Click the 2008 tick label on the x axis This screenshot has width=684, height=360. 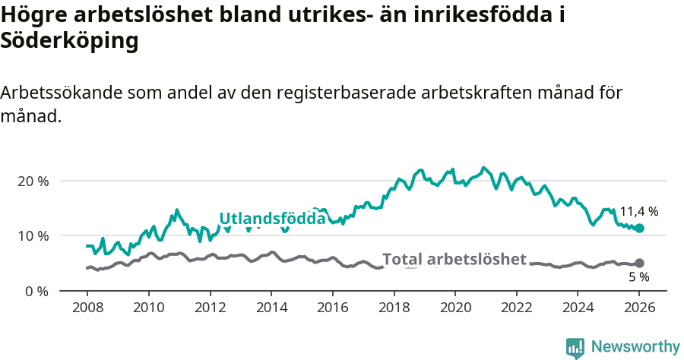click(x=87, y=310)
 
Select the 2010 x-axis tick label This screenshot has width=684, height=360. click(x=148, y=310)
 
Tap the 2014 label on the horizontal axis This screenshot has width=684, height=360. click(x=271, y=310)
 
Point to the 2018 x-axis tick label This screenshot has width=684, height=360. click(x=394, y=310)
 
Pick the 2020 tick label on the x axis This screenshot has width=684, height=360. click(x=455, y=310)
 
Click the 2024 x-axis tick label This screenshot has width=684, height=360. click(x=578, y=310)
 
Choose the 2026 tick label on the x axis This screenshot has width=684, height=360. click(x=639, y=310)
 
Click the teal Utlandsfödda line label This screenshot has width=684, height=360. click(x=272, y=219)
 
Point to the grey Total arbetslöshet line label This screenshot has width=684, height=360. click(x=454, y=259)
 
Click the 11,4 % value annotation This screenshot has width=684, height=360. click(x=638, y=211)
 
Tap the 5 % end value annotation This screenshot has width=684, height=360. click(x=638, y=277)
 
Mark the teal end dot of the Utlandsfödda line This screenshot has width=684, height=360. click(x=639, y=228)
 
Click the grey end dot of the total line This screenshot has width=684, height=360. click(x=639, y=263)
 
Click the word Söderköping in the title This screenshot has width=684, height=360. click(x=70, y=41)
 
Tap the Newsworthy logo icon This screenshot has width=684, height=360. click(x=575, y=347)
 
